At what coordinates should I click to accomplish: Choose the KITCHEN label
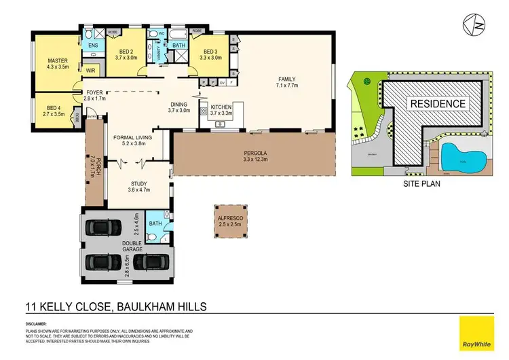click(222, 107)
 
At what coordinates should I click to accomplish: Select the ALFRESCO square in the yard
click(231, 219)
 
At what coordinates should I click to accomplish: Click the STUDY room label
click(138, 183)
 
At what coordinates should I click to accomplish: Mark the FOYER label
click(92, 92)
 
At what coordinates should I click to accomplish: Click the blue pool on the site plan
click(464, 157)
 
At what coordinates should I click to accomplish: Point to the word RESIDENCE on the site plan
click(437, 103)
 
